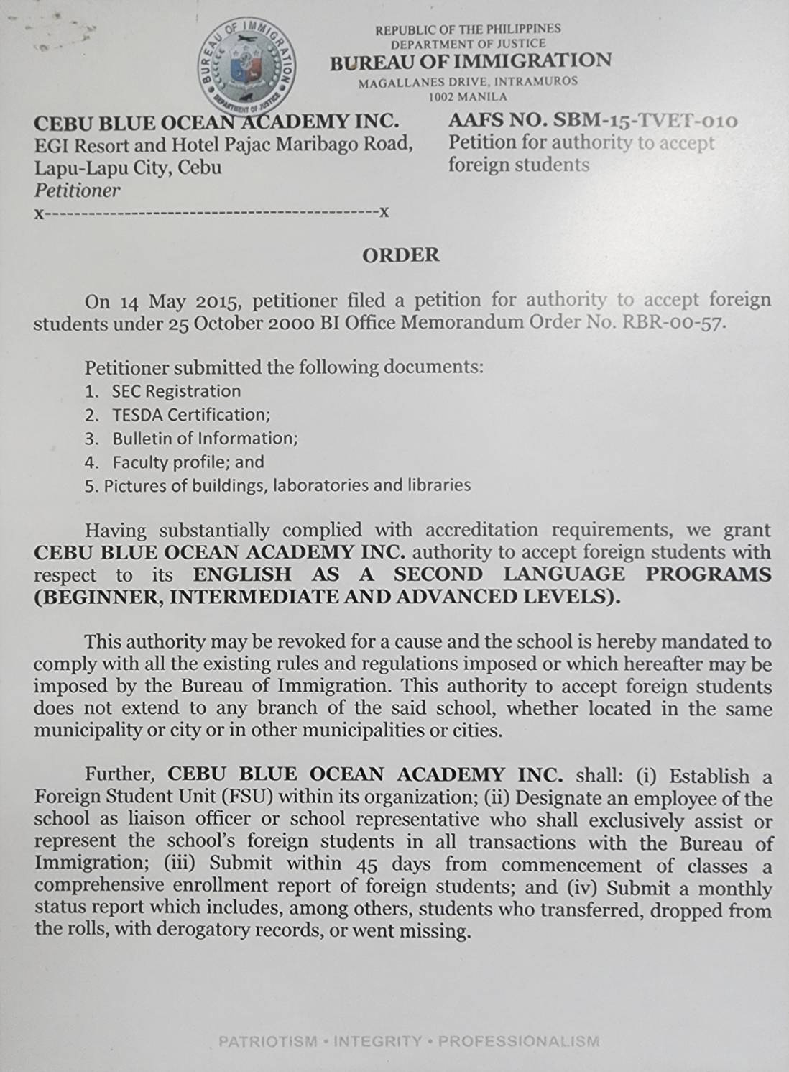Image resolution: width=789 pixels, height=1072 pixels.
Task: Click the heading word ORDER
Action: click(400, 255)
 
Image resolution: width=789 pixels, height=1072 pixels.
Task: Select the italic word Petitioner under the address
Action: click(77, 191)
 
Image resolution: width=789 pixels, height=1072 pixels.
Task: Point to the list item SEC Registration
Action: click(176, 391)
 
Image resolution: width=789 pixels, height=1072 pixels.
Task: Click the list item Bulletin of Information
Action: click(205, 439)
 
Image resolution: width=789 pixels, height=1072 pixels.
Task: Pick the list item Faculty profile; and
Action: click(188, 462)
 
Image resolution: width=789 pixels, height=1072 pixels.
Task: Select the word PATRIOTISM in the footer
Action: click(267, 1041)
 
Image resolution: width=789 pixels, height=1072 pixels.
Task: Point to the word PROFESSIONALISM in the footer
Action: click(518, 1041)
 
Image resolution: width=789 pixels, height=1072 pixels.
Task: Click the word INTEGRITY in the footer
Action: click(378, 1041)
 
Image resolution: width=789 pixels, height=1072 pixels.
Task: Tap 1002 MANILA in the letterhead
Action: click(468, 96)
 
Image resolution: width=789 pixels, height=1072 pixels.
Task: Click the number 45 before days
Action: click(368, 863)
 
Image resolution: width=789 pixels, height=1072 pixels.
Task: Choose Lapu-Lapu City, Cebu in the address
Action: click(127, 168)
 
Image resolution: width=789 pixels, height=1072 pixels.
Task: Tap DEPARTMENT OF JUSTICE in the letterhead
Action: click(468, 44)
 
